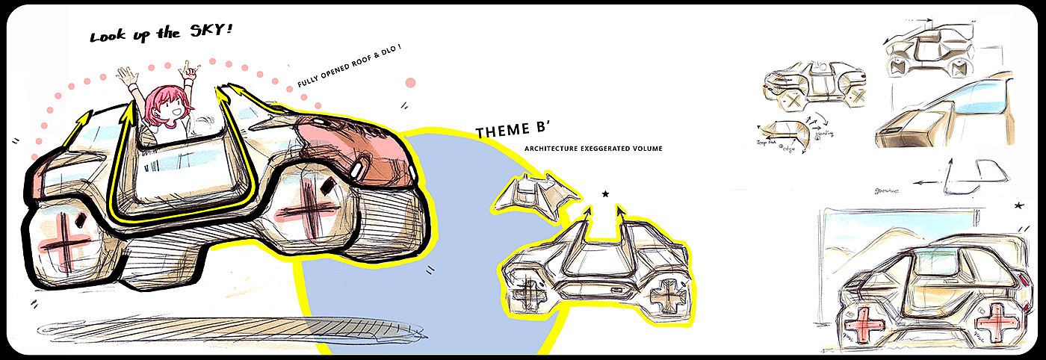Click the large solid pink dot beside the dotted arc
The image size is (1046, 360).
pyautogui.click(x=410, y=83)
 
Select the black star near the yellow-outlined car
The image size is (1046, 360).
pyautogui.click(x=605, y=194)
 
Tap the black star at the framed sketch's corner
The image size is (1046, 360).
pyautogui.click(x=1019, y=205)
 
